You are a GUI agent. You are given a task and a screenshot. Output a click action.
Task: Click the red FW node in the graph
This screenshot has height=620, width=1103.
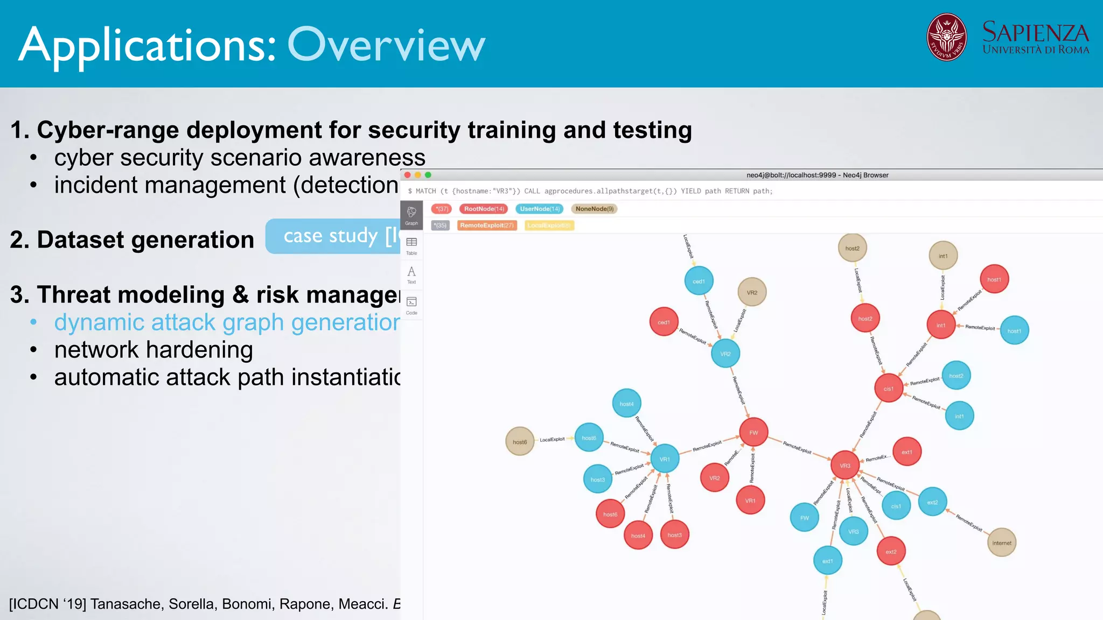pyautogui.click(x=753, y=432)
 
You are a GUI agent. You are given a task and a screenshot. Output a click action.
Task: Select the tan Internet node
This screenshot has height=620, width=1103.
pyautogui.click(x=1001, y=542)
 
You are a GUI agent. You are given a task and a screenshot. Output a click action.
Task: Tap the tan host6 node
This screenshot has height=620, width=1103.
pyautogui.click(x=520, y=442)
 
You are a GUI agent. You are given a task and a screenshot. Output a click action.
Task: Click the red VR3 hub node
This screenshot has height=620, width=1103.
pyautogui.click(x=845, y=466)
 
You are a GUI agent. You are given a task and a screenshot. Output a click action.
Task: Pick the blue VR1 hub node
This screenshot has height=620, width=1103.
pyautogui.click(x=665, y=459)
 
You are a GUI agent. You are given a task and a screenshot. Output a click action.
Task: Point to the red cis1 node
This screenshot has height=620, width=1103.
pyautogui.click(x=889, y=389)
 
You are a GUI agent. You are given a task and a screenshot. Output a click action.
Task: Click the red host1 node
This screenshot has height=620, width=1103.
pyautogui.click(x=994, y=279)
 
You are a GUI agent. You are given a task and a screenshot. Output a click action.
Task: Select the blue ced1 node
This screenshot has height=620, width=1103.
pyautogui.click(x=699, y=281)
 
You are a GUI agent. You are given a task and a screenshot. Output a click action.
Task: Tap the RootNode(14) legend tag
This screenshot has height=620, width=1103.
pyautogui.click(x=484, y=209)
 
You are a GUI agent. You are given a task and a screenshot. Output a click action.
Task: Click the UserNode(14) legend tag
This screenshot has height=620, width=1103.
pyautogui.click(x=540, y=209)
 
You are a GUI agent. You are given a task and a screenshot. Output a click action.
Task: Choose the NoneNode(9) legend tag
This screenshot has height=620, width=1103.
pyautogui.click(x=594, y=209)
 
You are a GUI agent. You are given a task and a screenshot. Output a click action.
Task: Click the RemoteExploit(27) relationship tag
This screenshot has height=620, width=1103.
pyautogui.click(x=487, y=226)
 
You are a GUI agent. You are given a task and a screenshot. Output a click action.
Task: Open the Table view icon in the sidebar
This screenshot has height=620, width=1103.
pyautogui.click(x=411, y=245)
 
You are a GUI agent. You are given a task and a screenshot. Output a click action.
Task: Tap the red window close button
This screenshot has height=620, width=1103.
pyautogui.click(x=408, y=175)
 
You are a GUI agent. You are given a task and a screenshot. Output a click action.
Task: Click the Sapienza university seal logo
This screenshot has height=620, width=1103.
pyautogui.click(x=946, y=37)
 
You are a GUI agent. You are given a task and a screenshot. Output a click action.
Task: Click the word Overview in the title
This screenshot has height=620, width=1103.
pyautogui.click(x=386, y=45)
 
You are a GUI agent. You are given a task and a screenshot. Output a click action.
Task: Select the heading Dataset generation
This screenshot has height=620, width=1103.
pyautogui.click(x=132, y=239)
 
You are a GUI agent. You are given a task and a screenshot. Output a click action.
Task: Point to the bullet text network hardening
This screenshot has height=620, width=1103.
pyautogui.click(x=153, y=350)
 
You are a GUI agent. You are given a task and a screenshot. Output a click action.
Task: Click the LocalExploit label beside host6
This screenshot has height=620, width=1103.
pyautogui.click(x=552, y=440)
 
